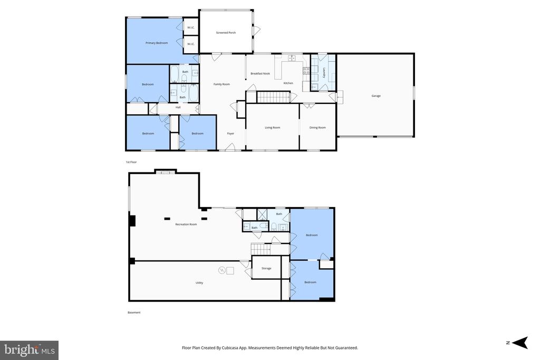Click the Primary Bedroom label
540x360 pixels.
tap(157, 43)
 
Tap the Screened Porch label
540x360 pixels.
tap(226, 33)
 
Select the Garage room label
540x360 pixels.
tap(375, 96)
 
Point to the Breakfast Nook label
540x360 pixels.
tap(260, 74)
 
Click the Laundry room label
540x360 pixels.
tap(324, 72)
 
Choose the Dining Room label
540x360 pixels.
tap(317, 128)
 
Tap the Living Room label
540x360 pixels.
tap(273, 128)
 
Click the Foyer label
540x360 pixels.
tap(230, 133)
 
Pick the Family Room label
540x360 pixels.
tap(221, 84)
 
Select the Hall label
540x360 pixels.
tap(178, 108)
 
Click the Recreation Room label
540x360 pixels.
tap(186, 225)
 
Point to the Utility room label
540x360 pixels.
tap(199, 283)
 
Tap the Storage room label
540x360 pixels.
tap(266, 268)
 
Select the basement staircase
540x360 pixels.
tap(261, 249)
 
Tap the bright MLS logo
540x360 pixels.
tap(30, 351)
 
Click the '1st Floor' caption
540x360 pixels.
tap(131, 162)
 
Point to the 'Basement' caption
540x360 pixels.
tap(134, 313)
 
